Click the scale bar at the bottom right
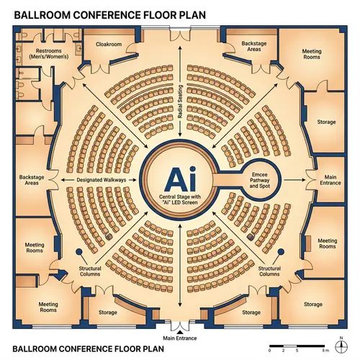pyautogui.click(x=297, y=345)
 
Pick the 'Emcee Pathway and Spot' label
pyautogui.click(x=258, y=180)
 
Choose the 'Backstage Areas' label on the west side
pyautogui.click(x=32, y=180)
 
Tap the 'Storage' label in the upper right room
pyautogui.click(x=326, y=122)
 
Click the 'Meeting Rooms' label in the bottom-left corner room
pyautogui.click(x=48, y=307)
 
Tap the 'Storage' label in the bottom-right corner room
pyautogui.click(x=312, y=305)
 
